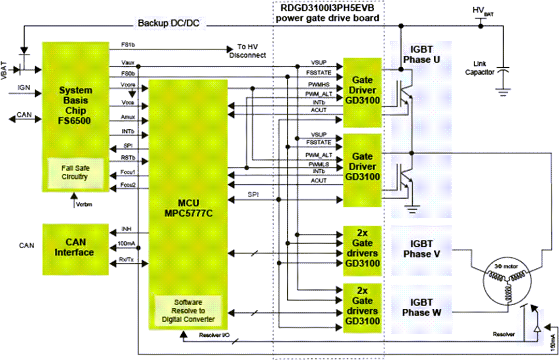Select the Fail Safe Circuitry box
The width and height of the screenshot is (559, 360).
pyautogui.click(x=76, y=173)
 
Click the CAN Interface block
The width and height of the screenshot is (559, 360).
pyautogui.click(x=76, y=247)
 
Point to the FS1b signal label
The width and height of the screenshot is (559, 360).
pyautogui.click(x=128, y=46)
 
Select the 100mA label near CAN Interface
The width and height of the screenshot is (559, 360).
pyautogui.click(x=127, y=243)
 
